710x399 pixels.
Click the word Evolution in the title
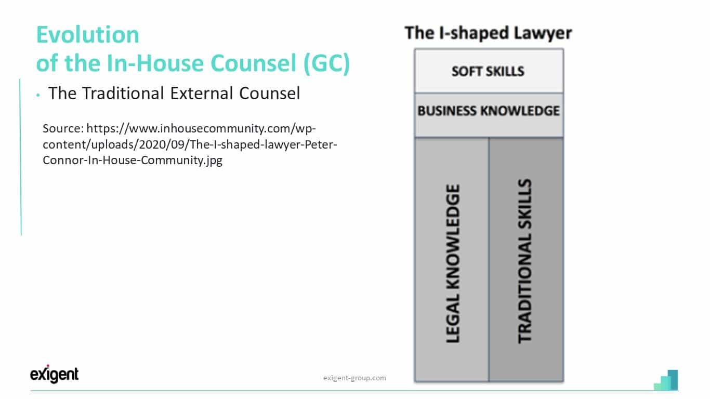[x=87, y=34]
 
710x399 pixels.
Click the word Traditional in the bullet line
[x=123, y=93]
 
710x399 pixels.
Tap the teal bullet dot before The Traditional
[x=38, y=95]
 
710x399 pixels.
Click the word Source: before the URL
[x=63, y=128]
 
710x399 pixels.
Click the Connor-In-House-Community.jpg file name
[x=133, y=161]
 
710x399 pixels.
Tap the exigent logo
[x=54, y=374]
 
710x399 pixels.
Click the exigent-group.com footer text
[x=354, y=378]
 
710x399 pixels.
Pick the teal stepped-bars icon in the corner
[x=666, y=380]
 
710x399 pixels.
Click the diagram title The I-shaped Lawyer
[x=489, y=33]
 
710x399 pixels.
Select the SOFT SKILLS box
[x=489, y=71]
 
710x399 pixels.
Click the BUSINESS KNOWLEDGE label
[x=489, y=111]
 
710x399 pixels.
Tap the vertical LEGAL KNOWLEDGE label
[x=453, y=263]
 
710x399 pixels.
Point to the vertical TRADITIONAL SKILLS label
[x=524, y=261]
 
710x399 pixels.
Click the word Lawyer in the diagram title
[x=543, y=33]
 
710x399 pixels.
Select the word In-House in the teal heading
[x=155, y=63]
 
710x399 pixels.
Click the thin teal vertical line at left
[x=21, y=157]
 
